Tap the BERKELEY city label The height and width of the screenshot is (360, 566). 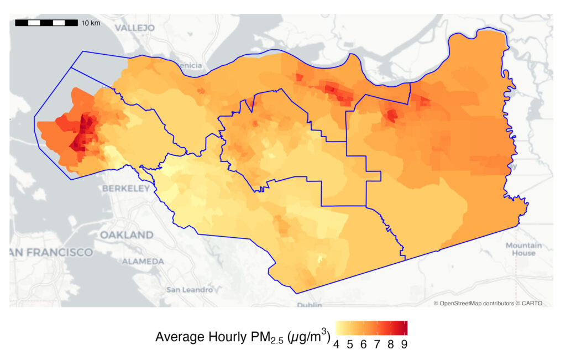125,189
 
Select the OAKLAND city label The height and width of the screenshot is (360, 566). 127,235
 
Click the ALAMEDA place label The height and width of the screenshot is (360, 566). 143,261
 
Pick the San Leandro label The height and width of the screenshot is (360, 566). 190,290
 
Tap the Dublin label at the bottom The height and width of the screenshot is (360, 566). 309,305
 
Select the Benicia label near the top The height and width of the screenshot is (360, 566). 189,66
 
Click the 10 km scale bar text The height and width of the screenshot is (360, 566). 91,23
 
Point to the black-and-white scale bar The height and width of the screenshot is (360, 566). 46,23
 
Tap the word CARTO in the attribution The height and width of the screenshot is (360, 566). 532,303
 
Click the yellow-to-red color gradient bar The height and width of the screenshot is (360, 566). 371,328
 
